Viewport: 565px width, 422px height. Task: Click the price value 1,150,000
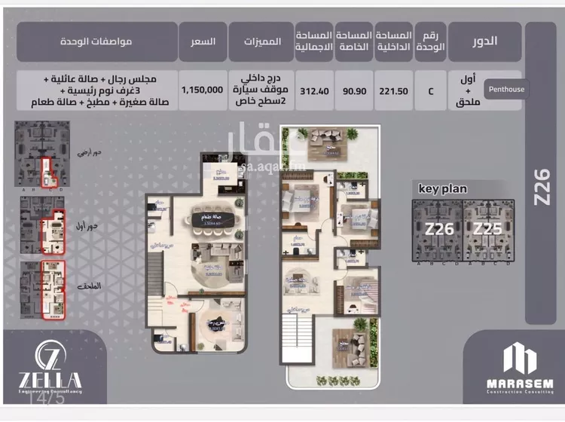(202, 89)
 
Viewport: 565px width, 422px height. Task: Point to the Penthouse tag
(505, 89)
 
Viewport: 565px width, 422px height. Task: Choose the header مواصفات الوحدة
(96, 41)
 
